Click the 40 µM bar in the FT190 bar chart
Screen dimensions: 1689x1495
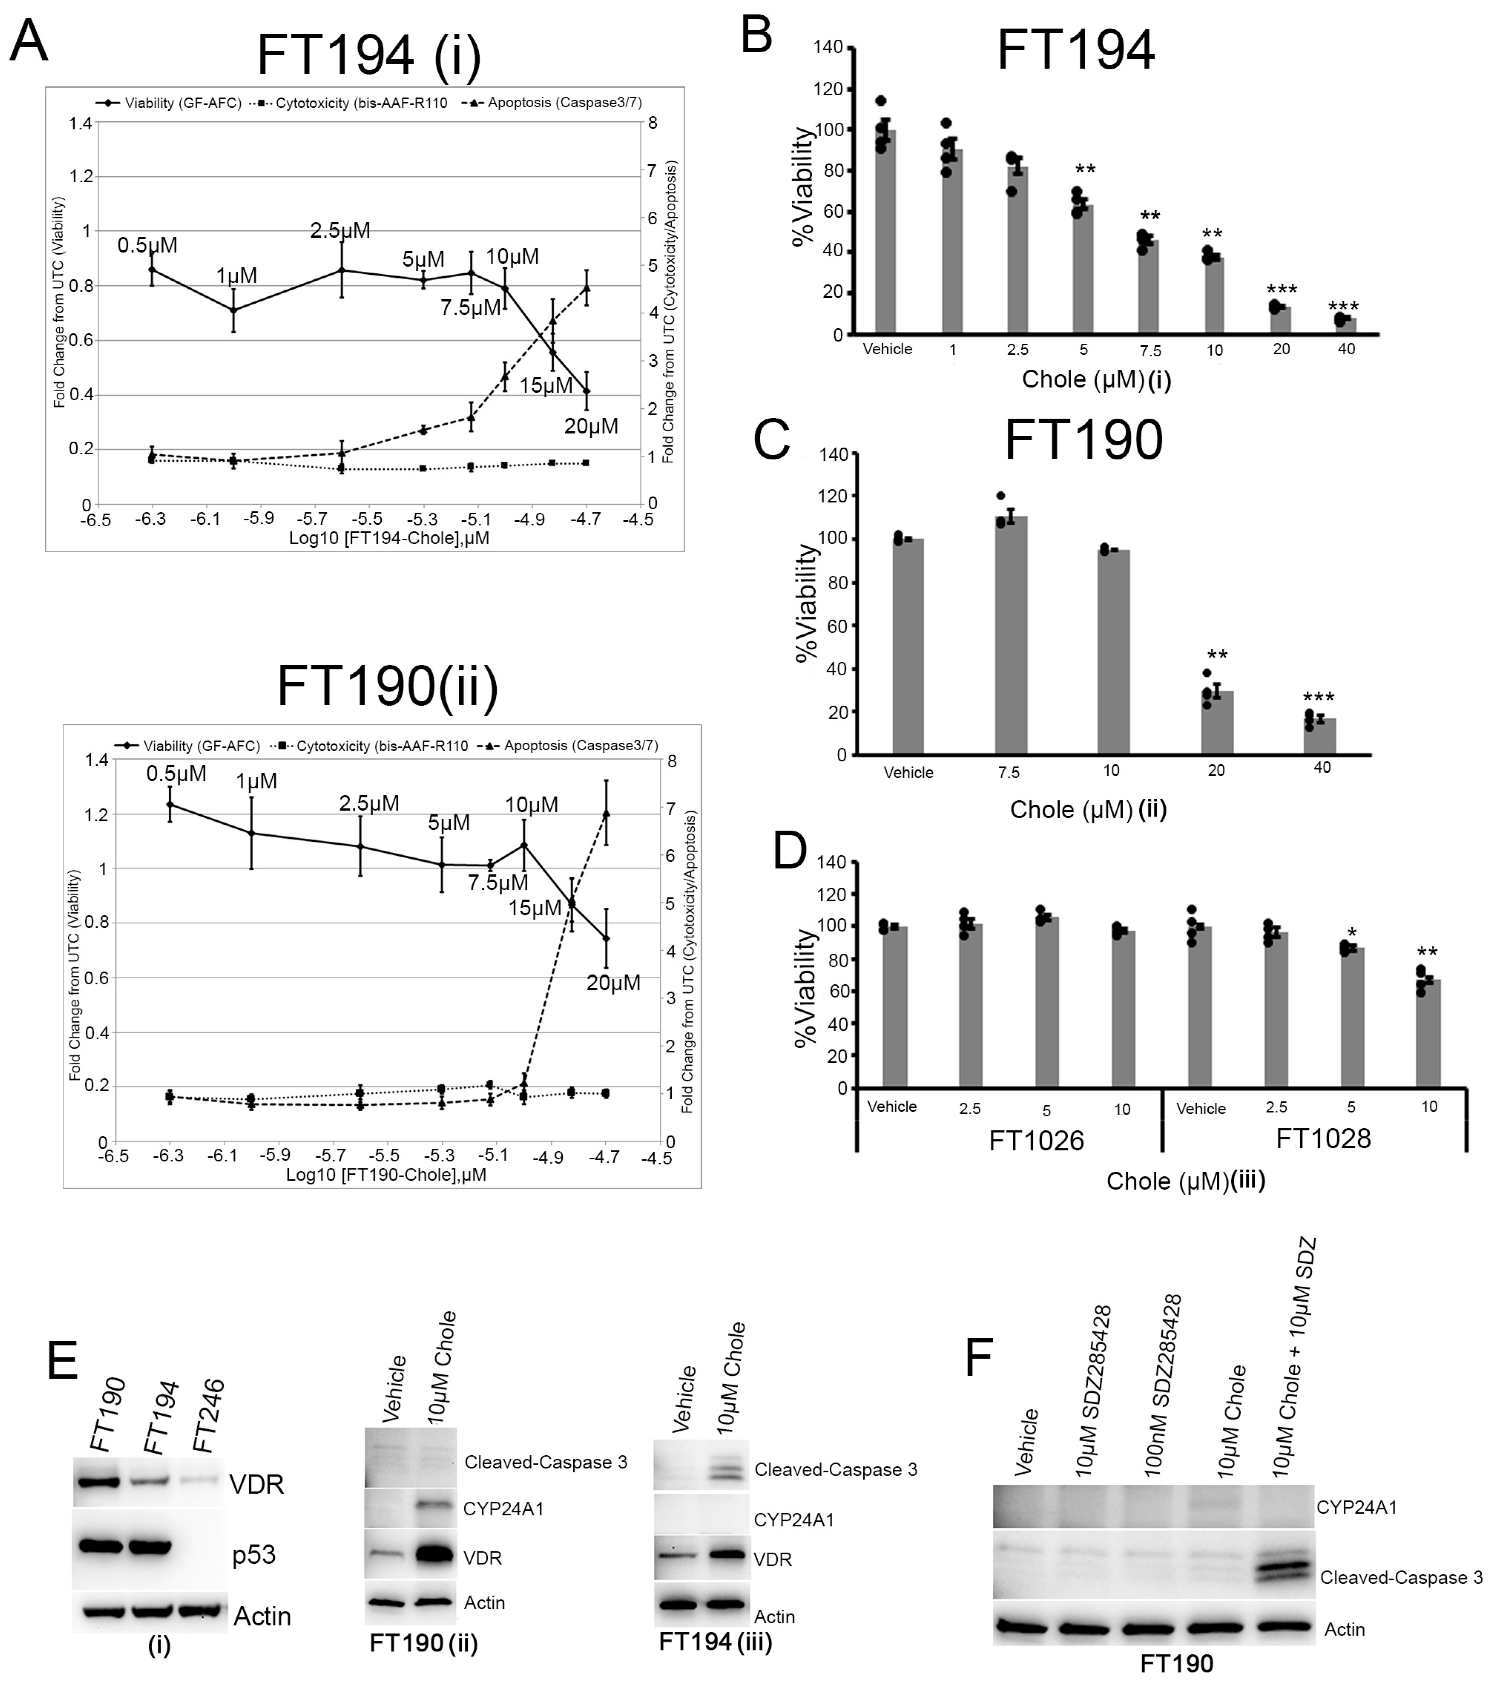tap(1320, 735)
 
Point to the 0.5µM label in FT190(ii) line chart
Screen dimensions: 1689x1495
tap(176, 773)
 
